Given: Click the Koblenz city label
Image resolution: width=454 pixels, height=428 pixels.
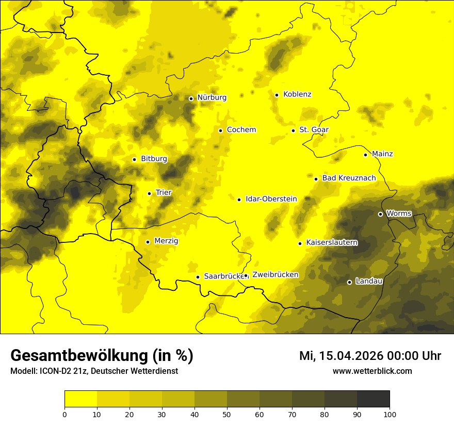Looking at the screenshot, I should click(x=297, y=94).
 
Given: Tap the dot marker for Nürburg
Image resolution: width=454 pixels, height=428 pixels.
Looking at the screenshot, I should click(x=191, y=98).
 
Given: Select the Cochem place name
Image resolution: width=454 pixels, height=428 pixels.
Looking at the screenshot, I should click(x=241, y=130).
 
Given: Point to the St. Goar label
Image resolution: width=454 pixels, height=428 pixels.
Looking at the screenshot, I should click(x=314, y=130).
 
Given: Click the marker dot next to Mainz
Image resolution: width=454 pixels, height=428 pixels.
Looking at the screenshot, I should click(x=365, y=155).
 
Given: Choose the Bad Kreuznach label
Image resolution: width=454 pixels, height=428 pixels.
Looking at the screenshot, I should click(x=349, y=178).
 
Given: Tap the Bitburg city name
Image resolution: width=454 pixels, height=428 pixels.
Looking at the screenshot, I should click(x=154, y=159).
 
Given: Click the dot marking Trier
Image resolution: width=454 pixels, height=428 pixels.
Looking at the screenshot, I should click(x=149, y=193).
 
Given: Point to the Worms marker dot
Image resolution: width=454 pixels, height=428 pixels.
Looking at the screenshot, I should click(x=380, y=214).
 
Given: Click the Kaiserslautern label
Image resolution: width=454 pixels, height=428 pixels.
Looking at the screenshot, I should click(x=332, y=243).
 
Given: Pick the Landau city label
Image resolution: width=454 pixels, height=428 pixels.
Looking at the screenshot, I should click(x=369, y=282).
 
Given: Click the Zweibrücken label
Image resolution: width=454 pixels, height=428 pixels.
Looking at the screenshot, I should click(x=275, y=275).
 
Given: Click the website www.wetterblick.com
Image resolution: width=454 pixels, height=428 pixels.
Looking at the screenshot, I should click(x=372, y=371).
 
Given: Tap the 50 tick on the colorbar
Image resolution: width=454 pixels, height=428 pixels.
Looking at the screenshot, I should click(x=227, y=414).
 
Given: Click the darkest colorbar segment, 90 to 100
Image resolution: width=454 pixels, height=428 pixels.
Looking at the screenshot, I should click(x=373, y=399).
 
